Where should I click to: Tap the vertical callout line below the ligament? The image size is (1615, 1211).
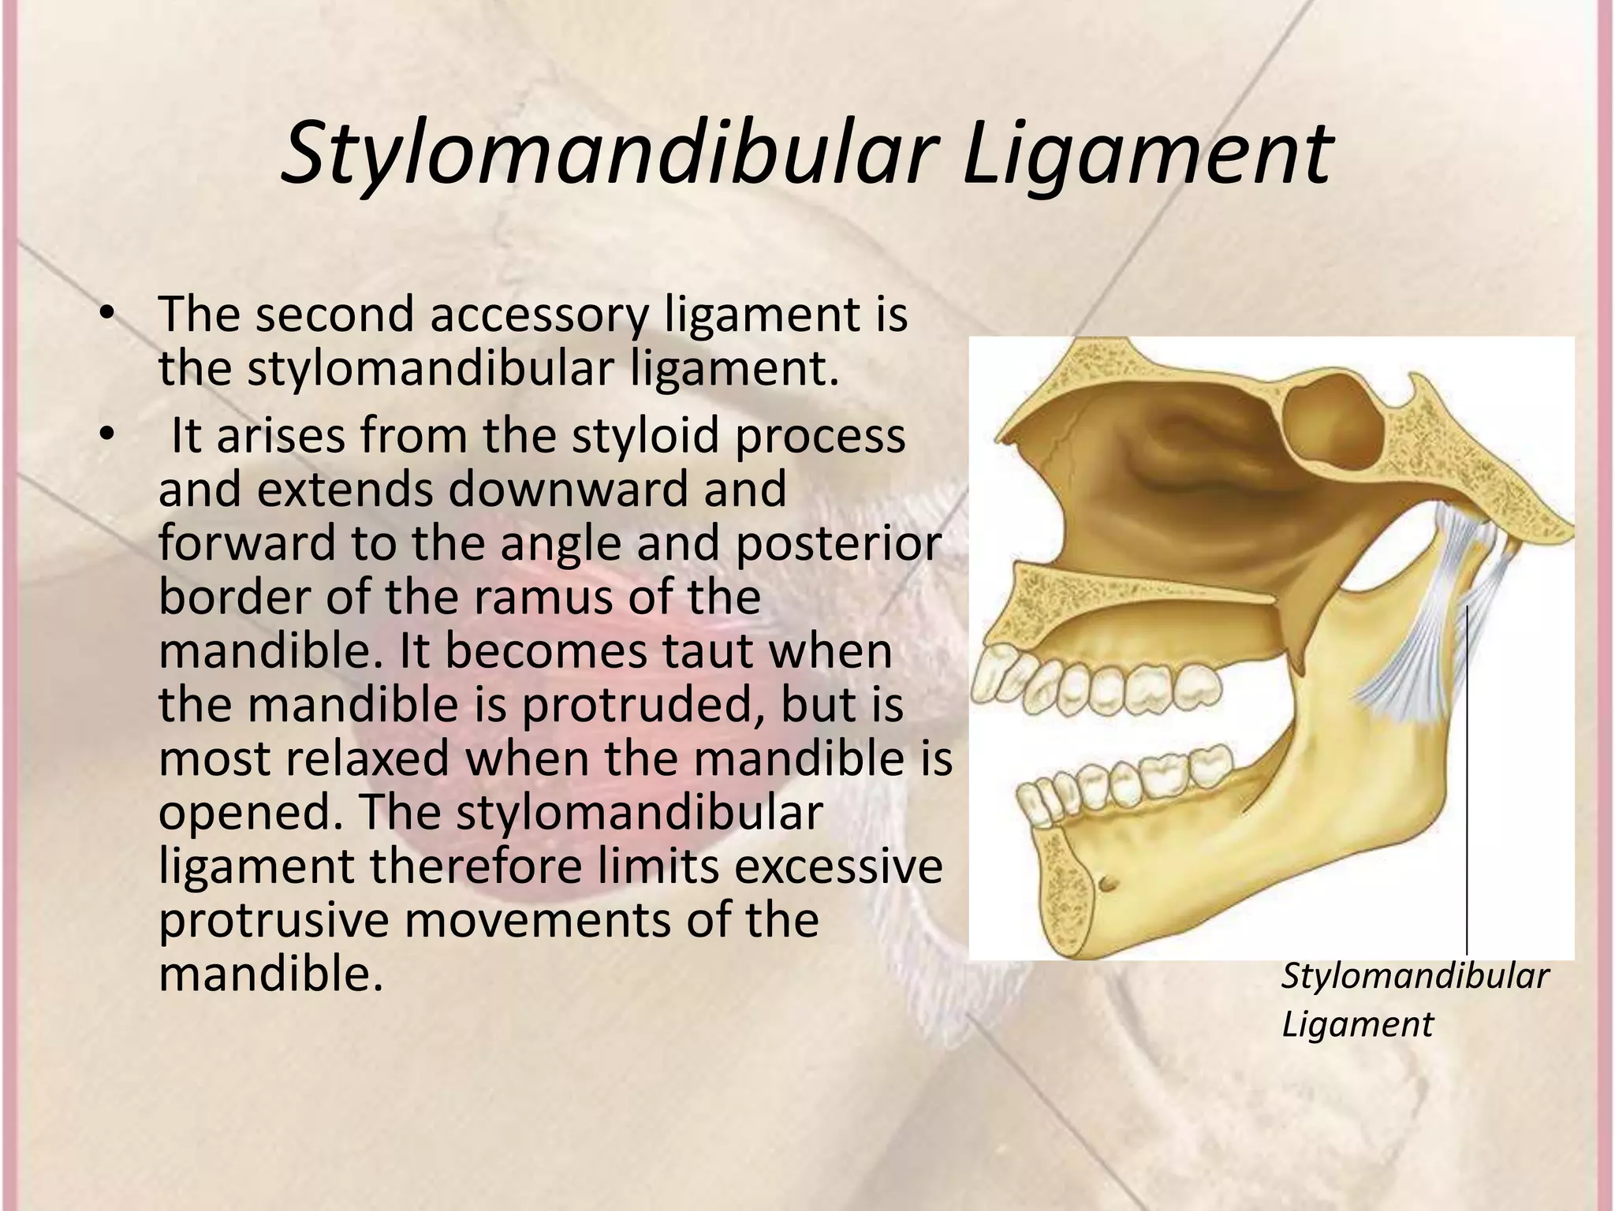(1467, 788)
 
